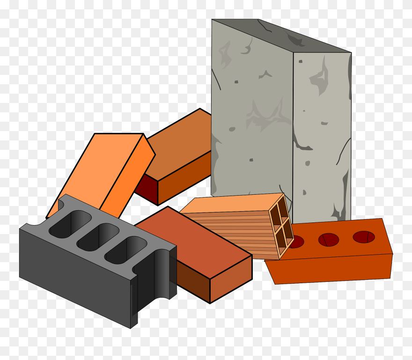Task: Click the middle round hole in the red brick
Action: (329, 240)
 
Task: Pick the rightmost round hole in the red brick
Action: (364, 237)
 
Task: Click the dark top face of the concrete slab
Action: (281, 35)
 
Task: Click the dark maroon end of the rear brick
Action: (147, 190)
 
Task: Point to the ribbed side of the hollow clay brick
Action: (234, 232)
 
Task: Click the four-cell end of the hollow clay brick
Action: (282, 225)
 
